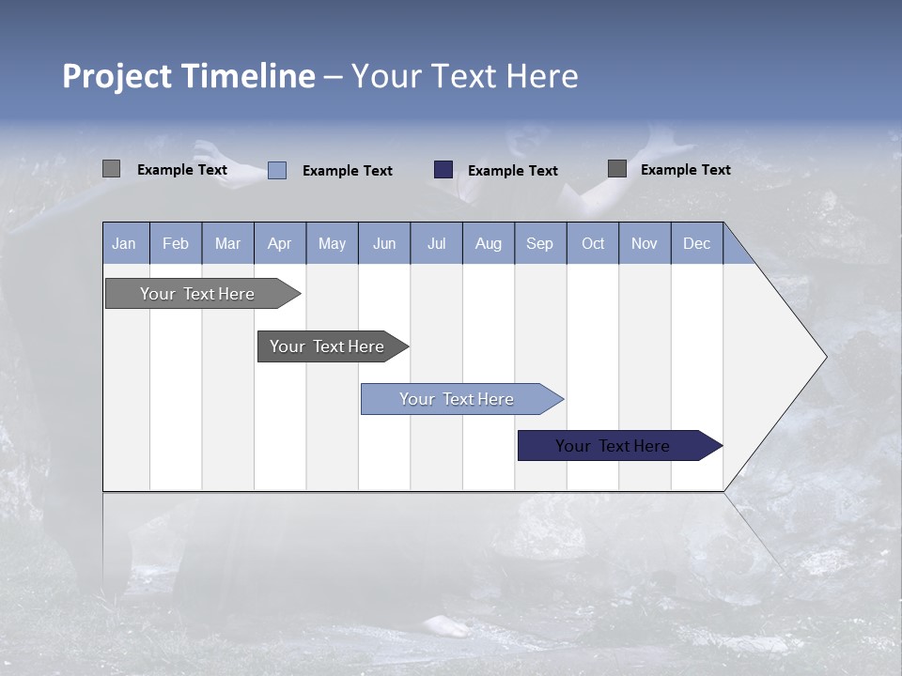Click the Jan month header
[x=124, y=243]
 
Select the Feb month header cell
[x=176, y=243]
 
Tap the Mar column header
[x=227, y=243]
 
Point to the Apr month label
[x=279, y=243]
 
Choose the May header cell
[x=332, y=243]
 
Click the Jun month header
[x=384, y=243]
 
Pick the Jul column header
[x=436, y=243]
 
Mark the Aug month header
[x=489, y=243]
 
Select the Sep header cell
[x=540, y=243]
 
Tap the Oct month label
[x=593, y=243]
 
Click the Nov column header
[x=645, y=243]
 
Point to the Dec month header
[x=697, y=243]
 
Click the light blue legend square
[x=277, y=170]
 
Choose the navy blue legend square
[x=443, y=170]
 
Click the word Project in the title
[x=119, y=76]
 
